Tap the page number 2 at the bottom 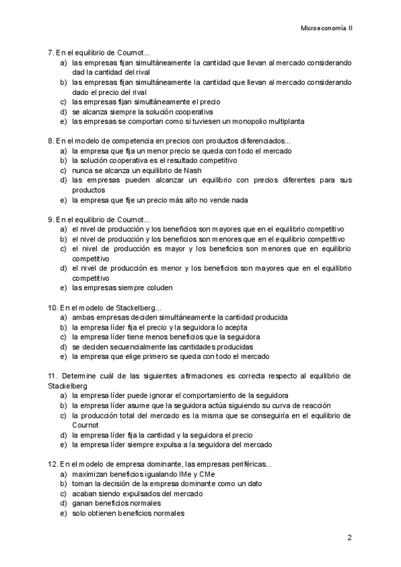pos(349,537)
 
